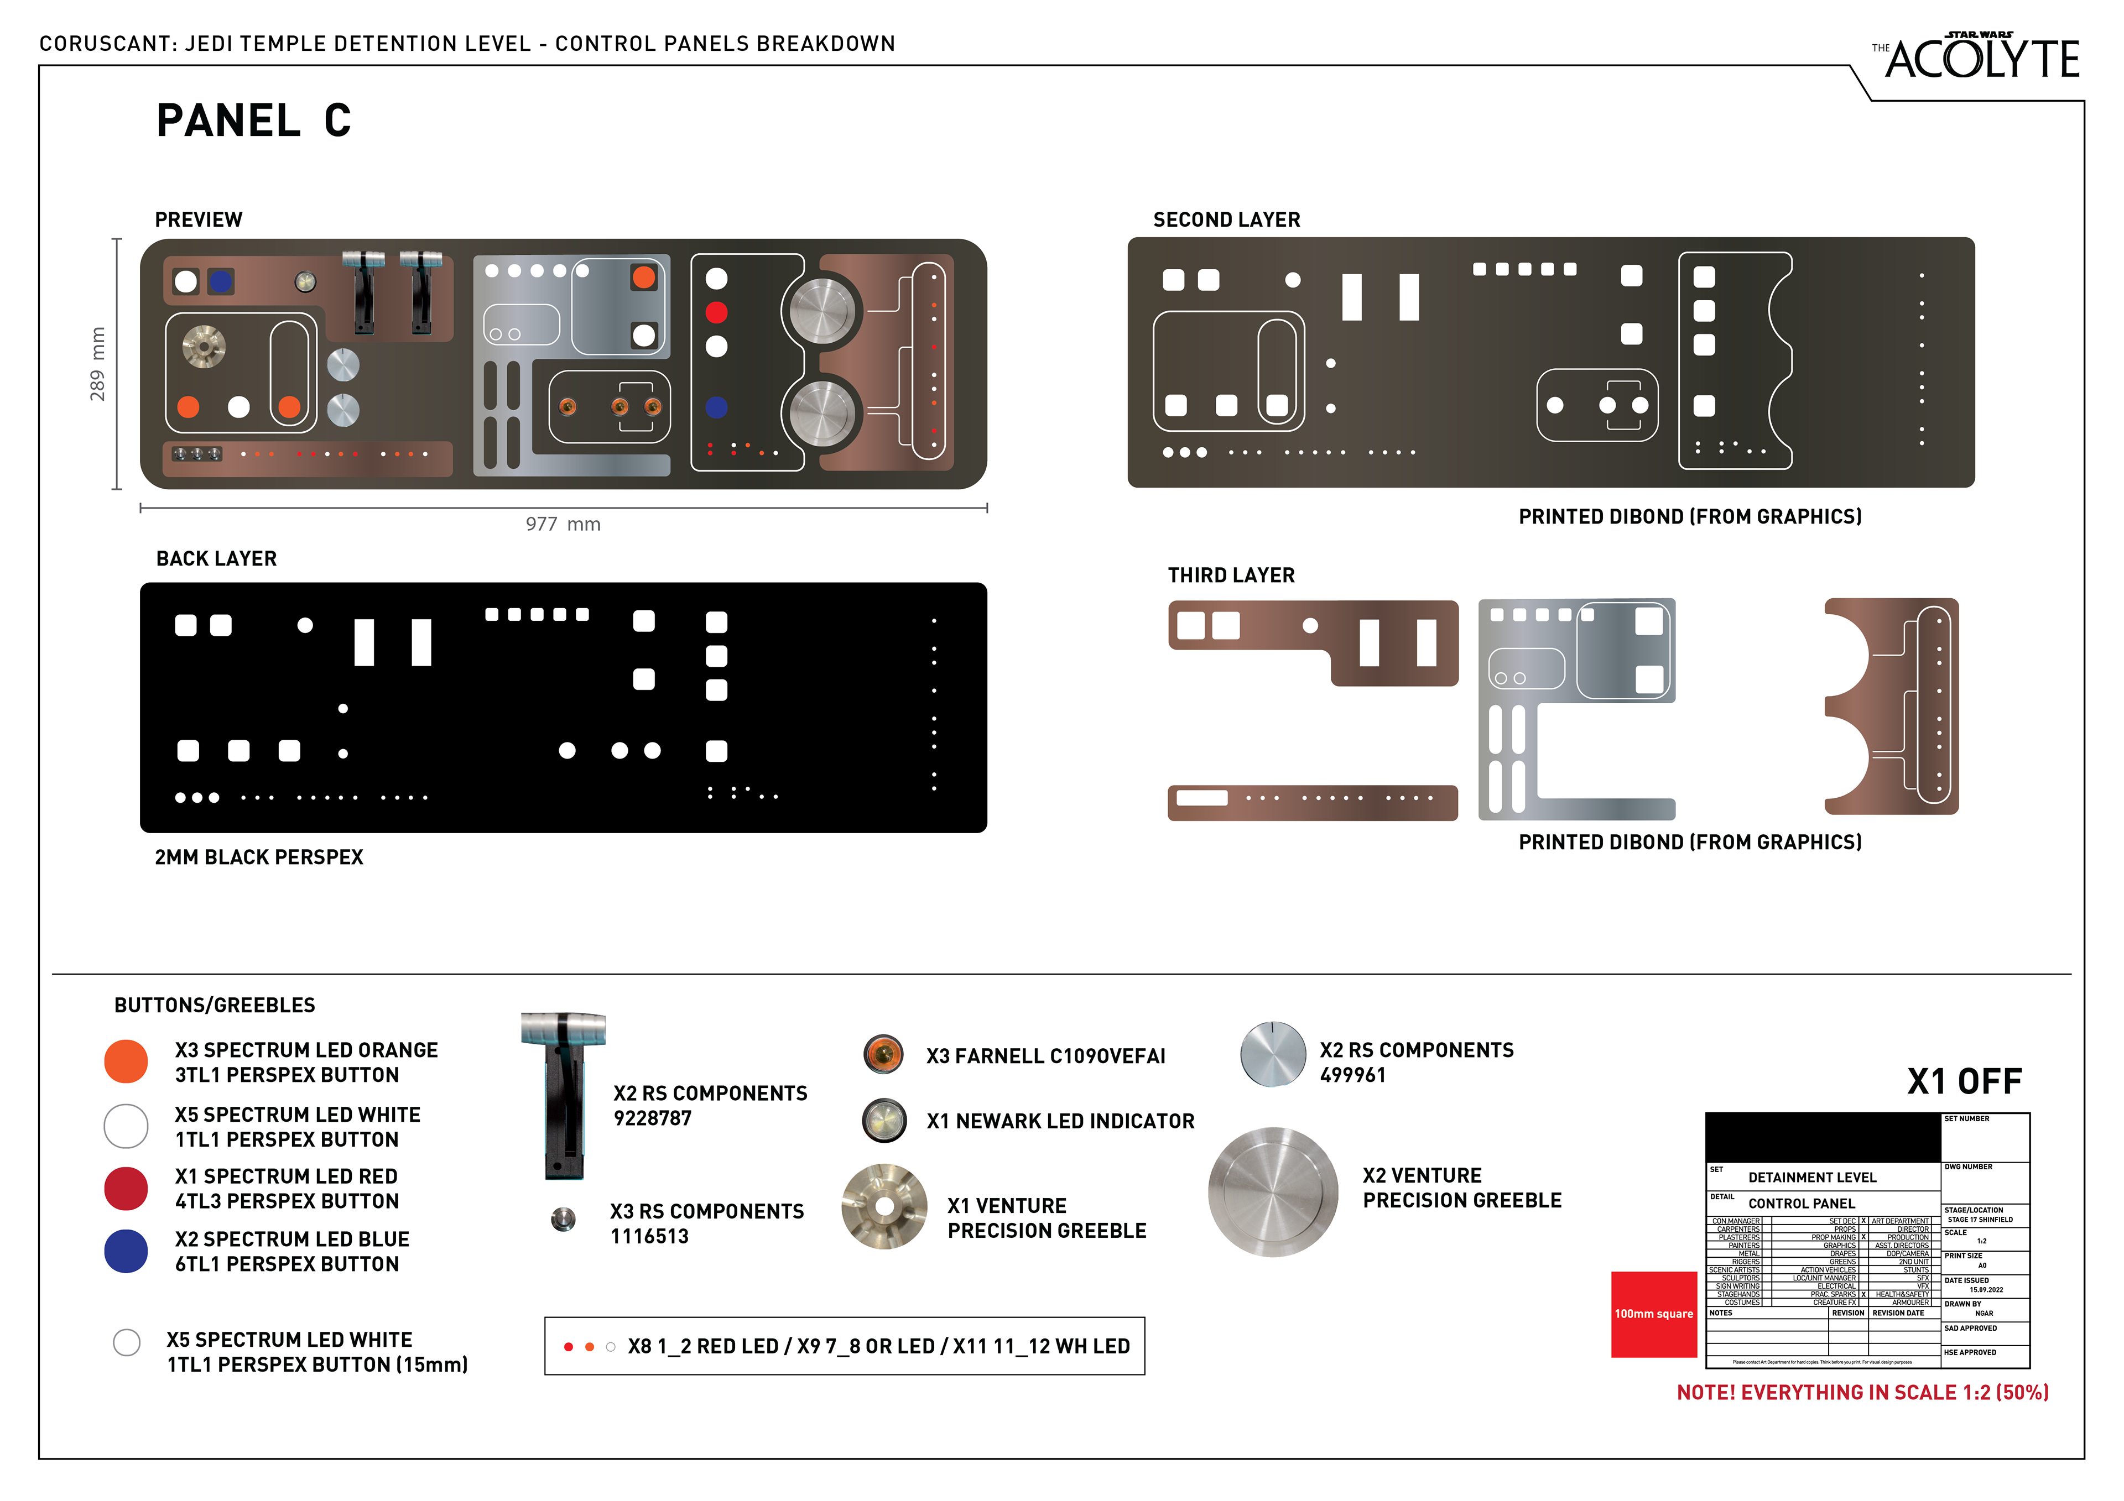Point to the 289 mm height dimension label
[97, 363]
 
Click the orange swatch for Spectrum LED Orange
[126, 1061]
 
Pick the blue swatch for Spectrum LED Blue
[126, 1251]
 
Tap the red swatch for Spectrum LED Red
[126, 1189]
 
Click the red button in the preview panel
[716, 312]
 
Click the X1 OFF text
[1964, 1081]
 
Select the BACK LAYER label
[216, 558]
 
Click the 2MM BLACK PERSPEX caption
[259, 857]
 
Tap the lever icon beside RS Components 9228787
[564, 1096]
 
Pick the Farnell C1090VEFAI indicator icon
[883, 1054]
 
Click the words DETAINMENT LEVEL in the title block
[1811, 1178]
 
